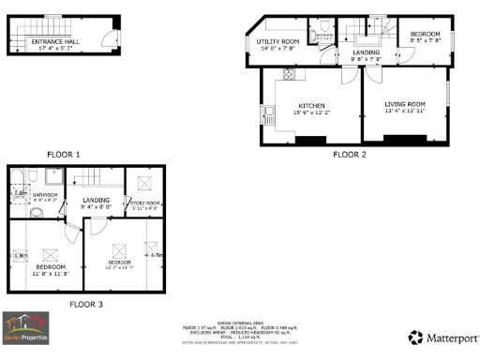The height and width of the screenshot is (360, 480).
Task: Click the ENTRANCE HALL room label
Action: click(x=56, y=42)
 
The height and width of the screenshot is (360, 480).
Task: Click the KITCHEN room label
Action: click(x=312, y=105)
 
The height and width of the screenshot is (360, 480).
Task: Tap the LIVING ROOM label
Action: click(x=405, y=103)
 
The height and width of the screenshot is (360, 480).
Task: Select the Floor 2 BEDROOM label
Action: click(x=425, y=34)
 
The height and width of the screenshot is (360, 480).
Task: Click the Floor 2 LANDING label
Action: click(x=366, y=52)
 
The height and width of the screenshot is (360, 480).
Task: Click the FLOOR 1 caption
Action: click(x=64, y=153)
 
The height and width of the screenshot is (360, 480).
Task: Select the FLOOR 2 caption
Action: click(x=349, y=154)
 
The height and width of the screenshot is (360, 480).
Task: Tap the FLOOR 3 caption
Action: click(x=86, y=304)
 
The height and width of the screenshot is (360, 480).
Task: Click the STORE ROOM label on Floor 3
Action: click(x=145, y=203)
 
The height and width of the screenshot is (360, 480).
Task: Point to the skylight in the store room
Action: click(x=145, y=184)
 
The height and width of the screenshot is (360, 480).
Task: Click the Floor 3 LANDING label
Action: click(x=97, y=200)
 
